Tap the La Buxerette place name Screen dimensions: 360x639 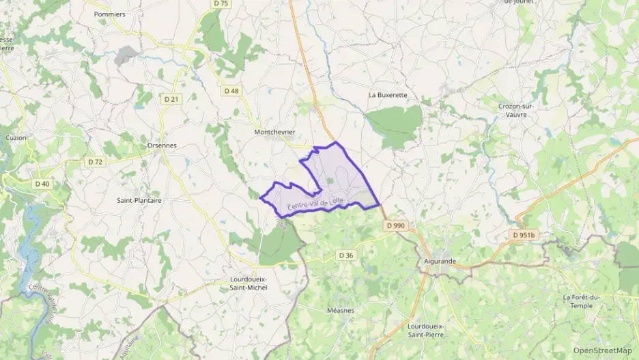[x=387, y=95]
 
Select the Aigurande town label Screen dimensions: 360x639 [x=439, y=261]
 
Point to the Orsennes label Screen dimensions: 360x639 [x=162, y=146]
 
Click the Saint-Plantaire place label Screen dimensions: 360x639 [x=139, y=201]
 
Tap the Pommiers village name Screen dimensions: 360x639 [x=110, y=14]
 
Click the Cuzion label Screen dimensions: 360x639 [x=16, y=138]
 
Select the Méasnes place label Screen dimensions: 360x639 [x=340, y=309]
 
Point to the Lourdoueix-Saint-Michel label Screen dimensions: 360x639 [x=248, y=283]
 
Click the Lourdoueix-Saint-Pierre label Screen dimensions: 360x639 [x=427, y=330]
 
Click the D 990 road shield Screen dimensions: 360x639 [x=395, y=225]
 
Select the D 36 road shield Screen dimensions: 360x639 [x=346, y=255]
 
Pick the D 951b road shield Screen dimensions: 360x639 [x=525, y=235]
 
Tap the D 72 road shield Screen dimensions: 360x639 [x=96, y=162]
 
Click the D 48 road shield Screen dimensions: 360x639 [x=231, y=90]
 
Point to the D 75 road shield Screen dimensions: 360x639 [x=221, y=3]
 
